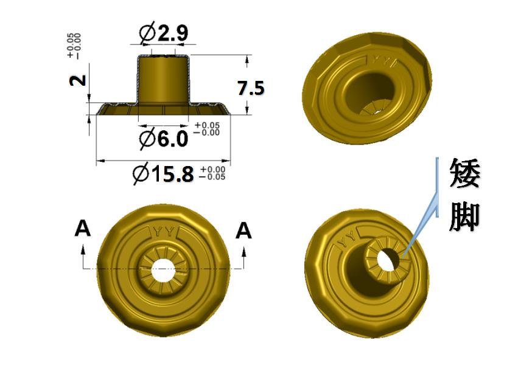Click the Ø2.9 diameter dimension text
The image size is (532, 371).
point(164,33)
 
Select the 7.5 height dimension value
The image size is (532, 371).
point(251,88)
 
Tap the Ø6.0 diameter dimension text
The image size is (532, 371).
point(164,138)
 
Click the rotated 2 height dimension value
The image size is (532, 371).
point(78,80)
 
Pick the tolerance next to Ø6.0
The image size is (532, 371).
point(206,129)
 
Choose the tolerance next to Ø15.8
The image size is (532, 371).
point(212,173)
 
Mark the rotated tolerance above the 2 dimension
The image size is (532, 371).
point(74,46)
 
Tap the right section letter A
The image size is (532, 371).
point(243,231)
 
